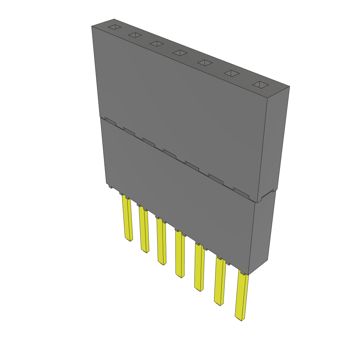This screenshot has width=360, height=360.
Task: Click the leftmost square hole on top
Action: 114,27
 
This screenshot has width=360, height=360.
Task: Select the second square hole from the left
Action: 135,35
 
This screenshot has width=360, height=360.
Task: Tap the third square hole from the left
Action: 156,44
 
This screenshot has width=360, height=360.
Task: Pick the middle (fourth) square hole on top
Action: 180,53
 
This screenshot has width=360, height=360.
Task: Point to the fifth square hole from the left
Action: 205,63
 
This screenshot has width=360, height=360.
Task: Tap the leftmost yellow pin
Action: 127,218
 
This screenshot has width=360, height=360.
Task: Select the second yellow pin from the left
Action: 144,230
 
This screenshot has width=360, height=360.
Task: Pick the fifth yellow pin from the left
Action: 199,268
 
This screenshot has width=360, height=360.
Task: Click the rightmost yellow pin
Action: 242,297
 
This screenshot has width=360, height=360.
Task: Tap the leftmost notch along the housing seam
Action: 110,122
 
